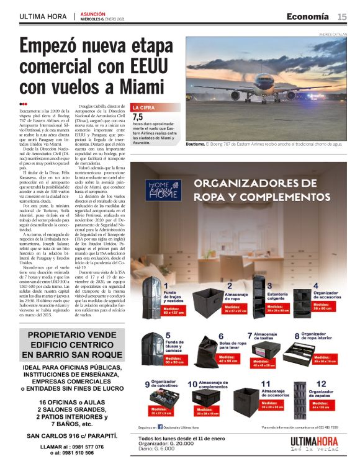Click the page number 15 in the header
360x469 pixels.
342,16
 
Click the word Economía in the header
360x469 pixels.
308,16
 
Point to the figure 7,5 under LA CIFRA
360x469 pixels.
138,117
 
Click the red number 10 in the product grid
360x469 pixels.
192,385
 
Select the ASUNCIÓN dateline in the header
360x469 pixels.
93,12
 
